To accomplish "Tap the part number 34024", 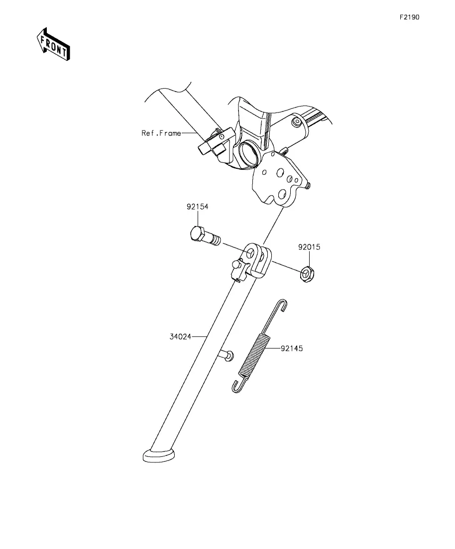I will [x=180, y=336].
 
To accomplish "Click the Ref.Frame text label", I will [x=161, y=133].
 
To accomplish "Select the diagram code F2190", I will [x=409, y=17].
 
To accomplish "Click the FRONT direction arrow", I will [x=53, y=44].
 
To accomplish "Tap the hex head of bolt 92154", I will [x=197, y=234].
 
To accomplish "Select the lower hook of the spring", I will [x=238, y=386].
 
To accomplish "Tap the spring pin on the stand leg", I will [x=227, y=355].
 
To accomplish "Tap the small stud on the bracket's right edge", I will [x=309, y=186].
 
